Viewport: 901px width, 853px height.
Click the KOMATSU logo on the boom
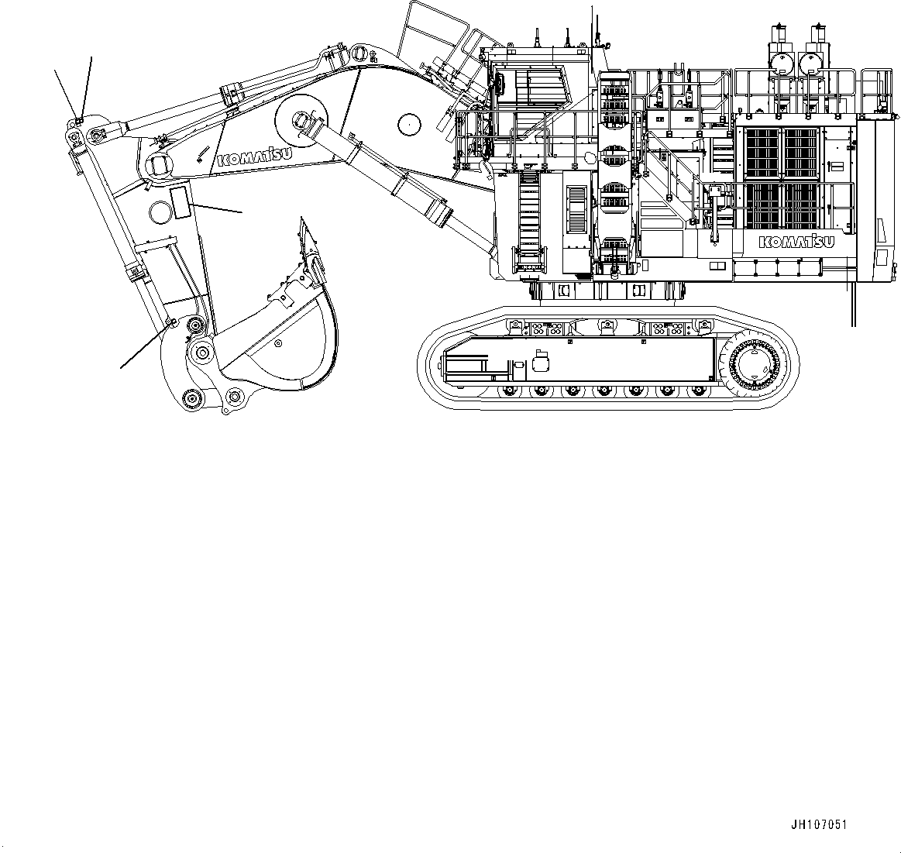tap(254, 155)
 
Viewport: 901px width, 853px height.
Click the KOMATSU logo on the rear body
tap(796, 242)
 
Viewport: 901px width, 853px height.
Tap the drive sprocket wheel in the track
tap(754, 362)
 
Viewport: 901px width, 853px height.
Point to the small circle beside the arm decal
tap(159, 210)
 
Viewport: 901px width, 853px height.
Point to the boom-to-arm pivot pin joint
tap(161, 165)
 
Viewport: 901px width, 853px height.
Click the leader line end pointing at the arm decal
tap(242, 211)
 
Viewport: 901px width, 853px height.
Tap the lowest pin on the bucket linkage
tap(190, 399)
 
